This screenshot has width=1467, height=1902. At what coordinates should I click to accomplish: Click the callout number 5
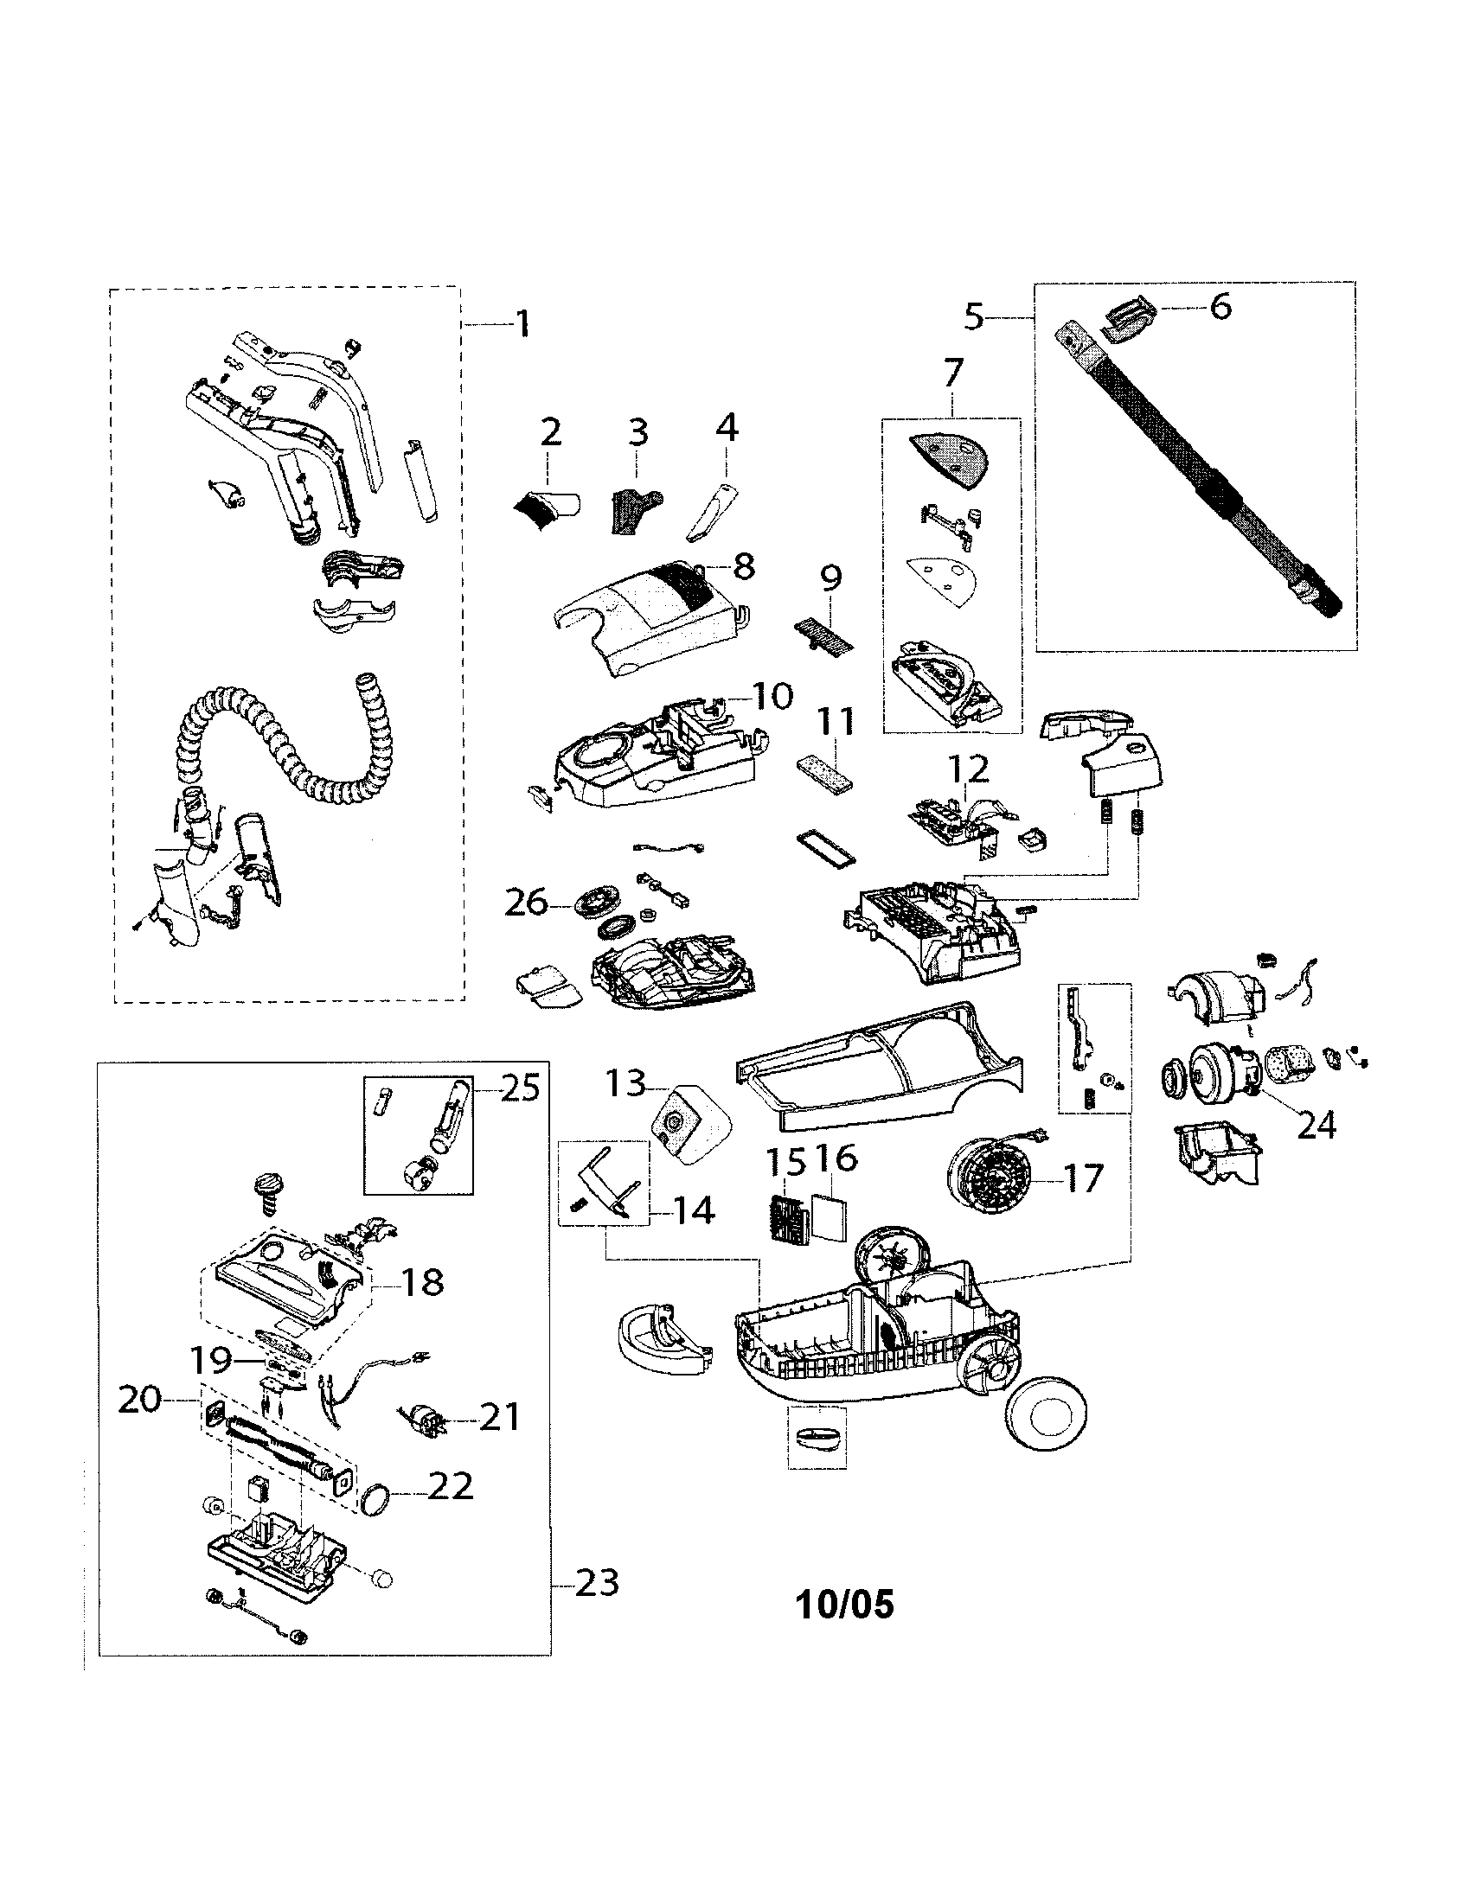[973, 317]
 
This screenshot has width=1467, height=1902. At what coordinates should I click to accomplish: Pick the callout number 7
[953, 373]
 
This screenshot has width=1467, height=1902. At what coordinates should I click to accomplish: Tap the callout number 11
[836, 723]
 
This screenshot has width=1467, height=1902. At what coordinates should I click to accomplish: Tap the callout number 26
[527, 903]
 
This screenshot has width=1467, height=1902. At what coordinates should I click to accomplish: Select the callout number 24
[1316, 1126]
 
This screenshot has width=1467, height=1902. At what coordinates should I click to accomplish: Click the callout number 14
[694, 1210]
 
